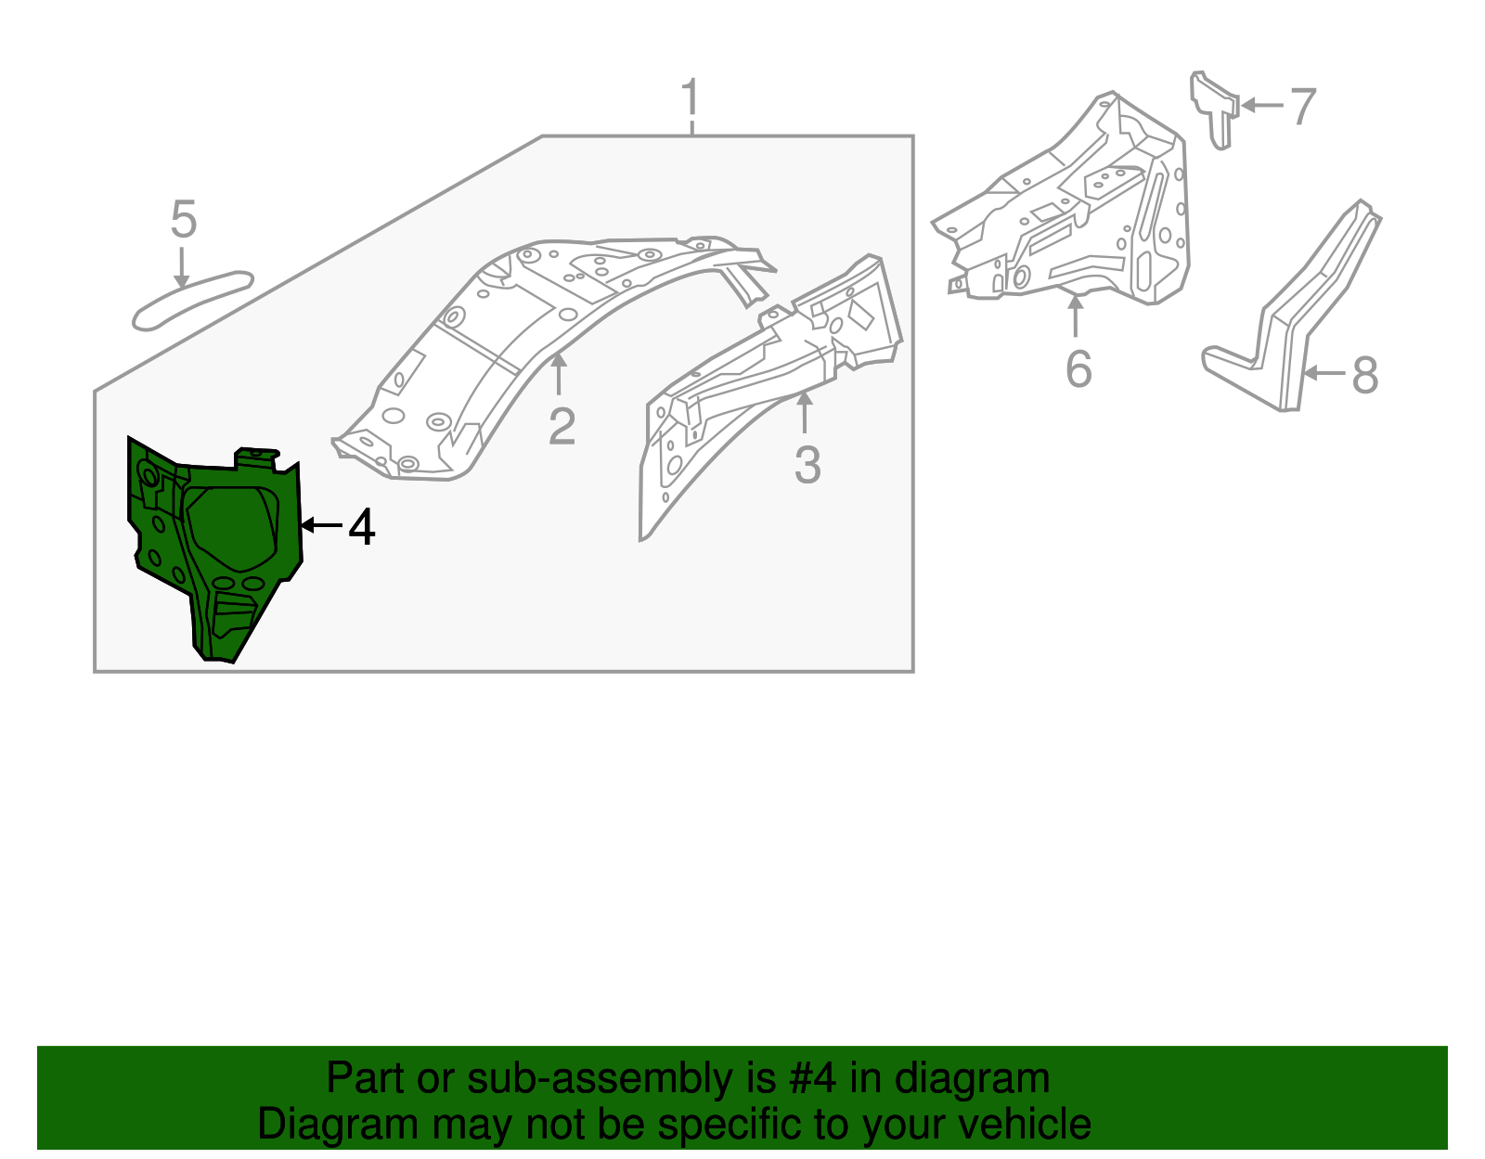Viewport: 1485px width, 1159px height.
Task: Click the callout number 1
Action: pos(690,98)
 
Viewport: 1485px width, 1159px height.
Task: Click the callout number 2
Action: pos(562,427)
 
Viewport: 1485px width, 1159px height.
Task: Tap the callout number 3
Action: pos(807,465)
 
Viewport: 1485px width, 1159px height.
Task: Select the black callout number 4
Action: pos(361,528)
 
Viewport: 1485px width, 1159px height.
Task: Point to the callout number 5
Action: pos(184,221)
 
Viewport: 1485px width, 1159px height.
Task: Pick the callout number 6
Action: pos(1078,369)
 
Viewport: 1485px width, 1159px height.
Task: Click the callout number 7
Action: pos(1302,107)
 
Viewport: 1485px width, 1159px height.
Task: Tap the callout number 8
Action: pos(1363,376)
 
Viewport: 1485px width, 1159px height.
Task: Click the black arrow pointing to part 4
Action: pos(321,526)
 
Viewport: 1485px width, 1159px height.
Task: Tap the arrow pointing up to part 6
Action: pos(1076,316)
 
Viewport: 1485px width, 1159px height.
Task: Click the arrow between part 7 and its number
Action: pos(1260,106)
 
